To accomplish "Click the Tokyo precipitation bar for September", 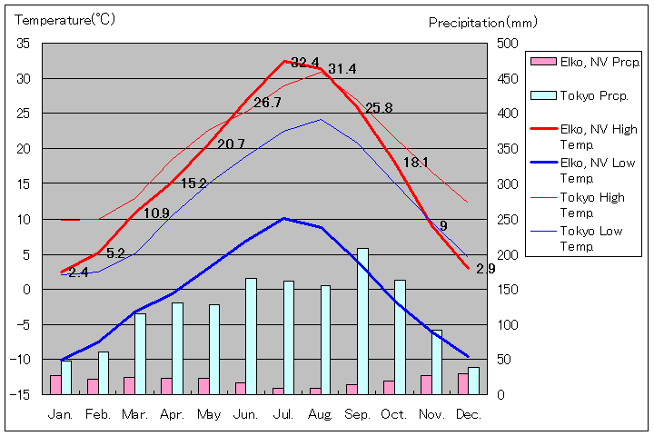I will click(362, 321).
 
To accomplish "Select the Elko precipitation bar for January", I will click(55, 384).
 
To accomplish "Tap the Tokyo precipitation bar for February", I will click(104, 372).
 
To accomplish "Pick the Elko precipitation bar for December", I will click(462, 383).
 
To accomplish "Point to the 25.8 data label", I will click(379, 108).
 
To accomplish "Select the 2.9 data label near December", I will click(485, 269).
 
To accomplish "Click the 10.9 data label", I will click(156, 213).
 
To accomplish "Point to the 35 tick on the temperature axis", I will click(24, 44).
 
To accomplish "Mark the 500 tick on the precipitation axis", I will click(507, 44).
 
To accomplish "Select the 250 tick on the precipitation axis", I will click(507, 219).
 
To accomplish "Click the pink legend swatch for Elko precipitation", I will click(543, 62).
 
